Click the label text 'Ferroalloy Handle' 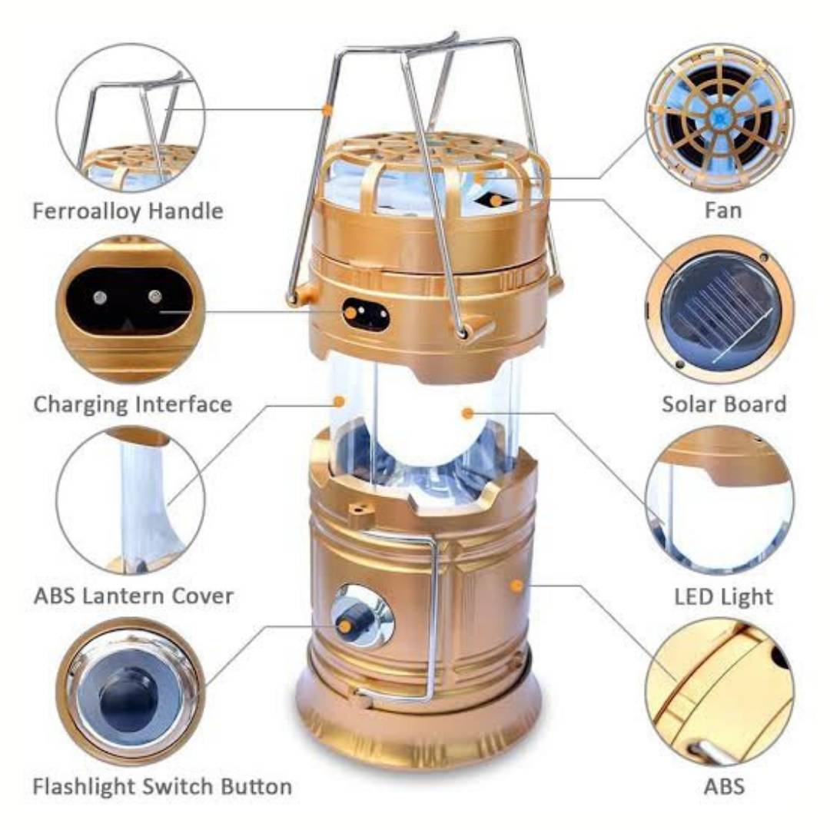point(128,211)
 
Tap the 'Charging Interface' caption point(133,405)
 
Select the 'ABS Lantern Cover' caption point(134,596)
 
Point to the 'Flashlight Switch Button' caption point(162,787)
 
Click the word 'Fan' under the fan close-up point(723,211)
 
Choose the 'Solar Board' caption point(724,404)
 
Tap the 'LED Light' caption point(723,597)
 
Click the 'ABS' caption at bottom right point(724,787)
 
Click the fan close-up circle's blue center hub point(719,117)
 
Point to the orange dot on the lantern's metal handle point(327,110)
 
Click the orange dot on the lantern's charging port point(350,312)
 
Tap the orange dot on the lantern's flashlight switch point(344,627)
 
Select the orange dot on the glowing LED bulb point(467,413)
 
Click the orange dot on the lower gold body point(517,585)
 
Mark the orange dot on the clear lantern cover point(340,400)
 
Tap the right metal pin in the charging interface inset point(154,297)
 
